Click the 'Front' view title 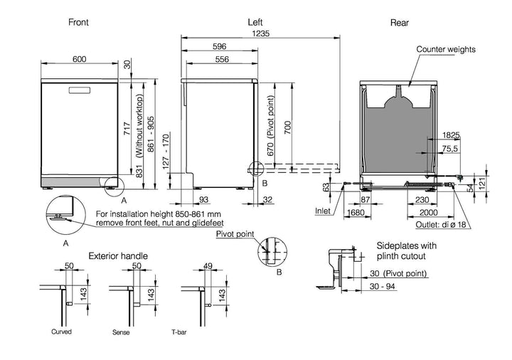click(78, 22)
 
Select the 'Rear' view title click(400, 23)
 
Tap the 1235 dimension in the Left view click(260, 33)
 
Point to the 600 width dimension click(80, 59)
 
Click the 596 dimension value click(220, 46)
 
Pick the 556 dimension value click(222, 60)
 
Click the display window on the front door click(79, 90)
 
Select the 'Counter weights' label click(446, 49)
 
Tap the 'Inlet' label click(323, 211)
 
